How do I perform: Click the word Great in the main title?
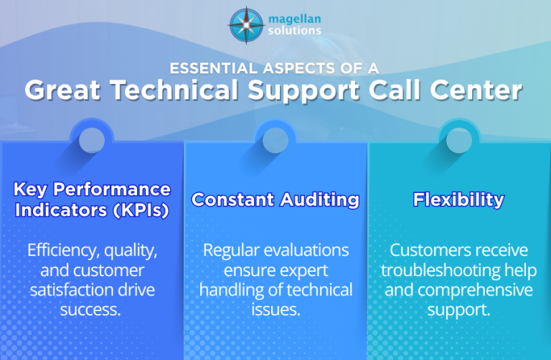[60, 91]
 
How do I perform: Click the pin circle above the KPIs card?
[92, 141]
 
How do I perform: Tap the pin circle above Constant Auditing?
[275, 141]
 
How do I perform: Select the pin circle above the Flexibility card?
[459, 141]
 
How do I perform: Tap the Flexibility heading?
[458, 199]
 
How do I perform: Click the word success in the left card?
[93, 310]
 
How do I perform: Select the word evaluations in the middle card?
[311, 251]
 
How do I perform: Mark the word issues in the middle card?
[275, 310]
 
